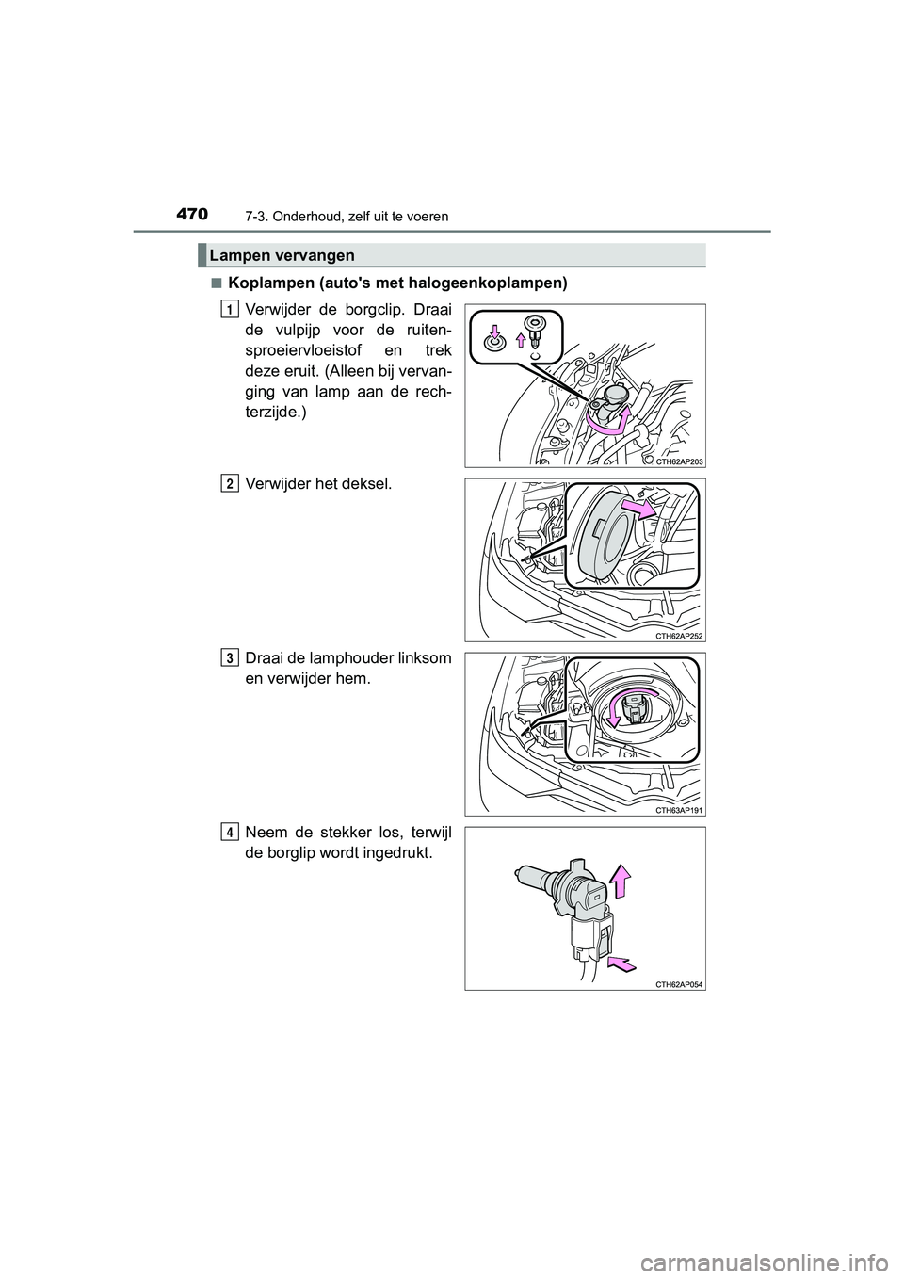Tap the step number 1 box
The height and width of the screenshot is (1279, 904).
click(230, 308)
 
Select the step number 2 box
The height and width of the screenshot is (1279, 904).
click(230, 483)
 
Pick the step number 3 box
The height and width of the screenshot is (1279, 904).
click(230, 656)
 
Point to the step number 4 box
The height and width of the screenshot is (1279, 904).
click(230, 832)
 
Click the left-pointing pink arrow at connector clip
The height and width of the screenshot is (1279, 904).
click(621, 962)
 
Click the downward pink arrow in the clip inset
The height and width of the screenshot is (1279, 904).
click(494, 332)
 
